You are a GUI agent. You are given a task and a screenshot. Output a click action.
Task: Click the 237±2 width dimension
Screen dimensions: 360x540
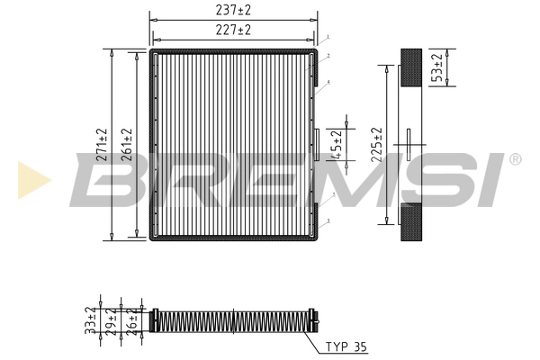coord(233,11)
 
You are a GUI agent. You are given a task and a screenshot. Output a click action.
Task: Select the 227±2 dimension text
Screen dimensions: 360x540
coord(233,30)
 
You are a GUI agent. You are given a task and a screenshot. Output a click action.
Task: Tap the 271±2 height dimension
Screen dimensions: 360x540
coord(102,145)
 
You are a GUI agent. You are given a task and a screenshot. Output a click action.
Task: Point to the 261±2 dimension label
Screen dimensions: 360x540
coord(128,145)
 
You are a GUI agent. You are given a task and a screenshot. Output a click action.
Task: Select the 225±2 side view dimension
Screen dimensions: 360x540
coord(379,145)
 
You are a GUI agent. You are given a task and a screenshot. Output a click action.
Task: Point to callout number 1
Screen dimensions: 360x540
coord(328,37)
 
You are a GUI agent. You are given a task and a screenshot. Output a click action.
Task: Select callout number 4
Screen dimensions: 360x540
coord(328,82)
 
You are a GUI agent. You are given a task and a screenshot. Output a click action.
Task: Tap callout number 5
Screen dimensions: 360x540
coord(334,193)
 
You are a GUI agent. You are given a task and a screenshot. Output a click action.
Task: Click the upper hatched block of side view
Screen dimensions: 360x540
coord(410,67)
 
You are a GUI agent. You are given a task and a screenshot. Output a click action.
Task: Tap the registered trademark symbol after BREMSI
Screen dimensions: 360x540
coord(514,159)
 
